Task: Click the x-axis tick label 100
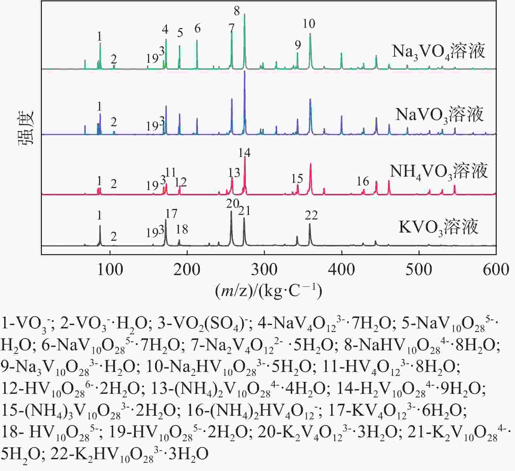[x=110, y=270]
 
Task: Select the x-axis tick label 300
[x=264, y=270]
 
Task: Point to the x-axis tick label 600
[x=496, y=270]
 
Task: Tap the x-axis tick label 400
[x=341, y=270]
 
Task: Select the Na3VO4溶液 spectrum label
[x=438, y=51]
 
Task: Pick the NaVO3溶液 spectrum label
[x=439, y=114]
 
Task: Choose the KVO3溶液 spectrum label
[x=438, y=227]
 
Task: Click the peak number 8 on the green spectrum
[x=237, y=11]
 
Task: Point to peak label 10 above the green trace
[x=309, y=24]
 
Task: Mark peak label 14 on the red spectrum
[x=245, y=153]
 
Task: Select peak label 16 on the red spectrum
[x=363, y=181]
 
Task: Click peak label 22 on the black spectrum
[x=311, y=215]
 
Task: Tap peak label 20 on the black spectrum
[x=232, y=204]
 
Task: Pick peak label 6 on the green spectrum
[x=197, y=28]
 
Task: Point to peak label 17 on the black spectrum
[x=171, y=214]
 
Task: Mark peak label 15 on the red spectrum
[x=297, y=179]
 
